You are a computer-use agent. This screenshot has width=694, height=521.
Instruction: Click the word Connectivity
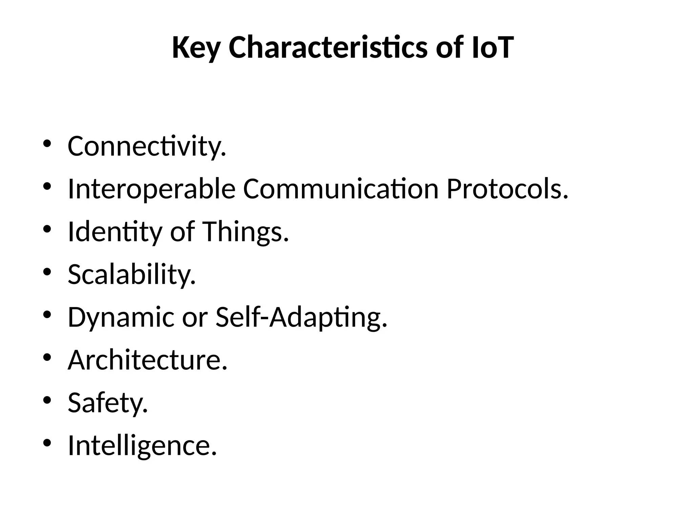pos(146,147)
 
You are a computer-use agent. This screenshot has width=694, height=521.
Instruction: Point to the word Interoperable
pos(151,189)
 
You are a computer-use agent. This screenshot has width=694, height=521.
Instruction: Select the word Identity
pos(115,232)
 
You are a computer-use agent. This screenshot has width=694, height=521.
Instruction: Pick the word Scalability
pos(131,274)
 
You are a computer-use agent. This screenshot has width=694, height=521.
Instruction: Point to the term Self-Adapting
pos(301,317)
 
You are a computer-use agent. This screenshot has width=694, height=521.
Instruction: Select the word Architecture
pos(147,360)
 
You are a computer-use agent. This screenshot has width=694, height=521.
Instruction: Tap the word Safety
pos(107,403)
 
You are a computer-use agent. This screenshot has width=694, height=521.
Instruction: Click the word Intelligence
pos(142,445)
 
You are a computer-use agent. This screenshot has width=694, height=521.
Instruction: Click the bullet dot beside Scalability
pos(47,271)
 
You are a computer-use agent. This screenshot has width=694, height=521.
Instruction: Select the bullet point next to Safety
pos(47,400)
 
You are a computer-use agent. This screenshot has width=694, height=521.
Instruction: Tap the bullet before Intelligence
pos(47,442)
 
